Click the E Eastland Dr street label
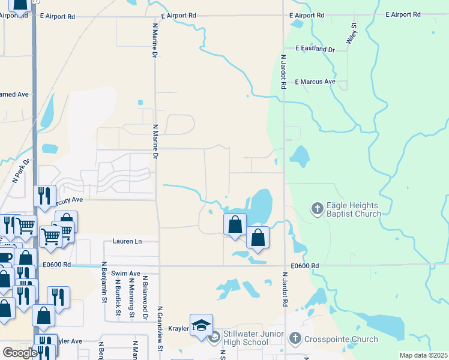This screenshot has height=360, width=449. [315, 49]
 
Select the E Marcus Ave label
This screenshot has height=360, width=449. [315, 82]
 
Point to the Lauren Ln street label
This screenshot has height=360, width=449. [127, 241]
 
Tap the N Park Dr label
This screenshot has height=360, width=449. [21, 171]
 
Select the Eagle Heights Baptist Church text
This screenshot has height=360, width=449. [354, 209]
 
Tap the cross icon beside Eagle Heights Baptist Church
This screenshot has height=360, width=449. [317, 209]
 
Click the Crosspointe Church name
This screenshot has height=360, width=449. [341, 339]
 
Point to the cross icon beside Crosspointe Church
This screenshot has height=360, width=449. [295, 339]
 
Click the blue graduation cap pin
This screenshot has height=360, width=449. [201, 325]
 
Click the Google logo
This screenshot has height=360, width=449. [20, 353]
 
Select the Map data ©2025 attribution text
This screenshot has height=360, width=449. [423, 355]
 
